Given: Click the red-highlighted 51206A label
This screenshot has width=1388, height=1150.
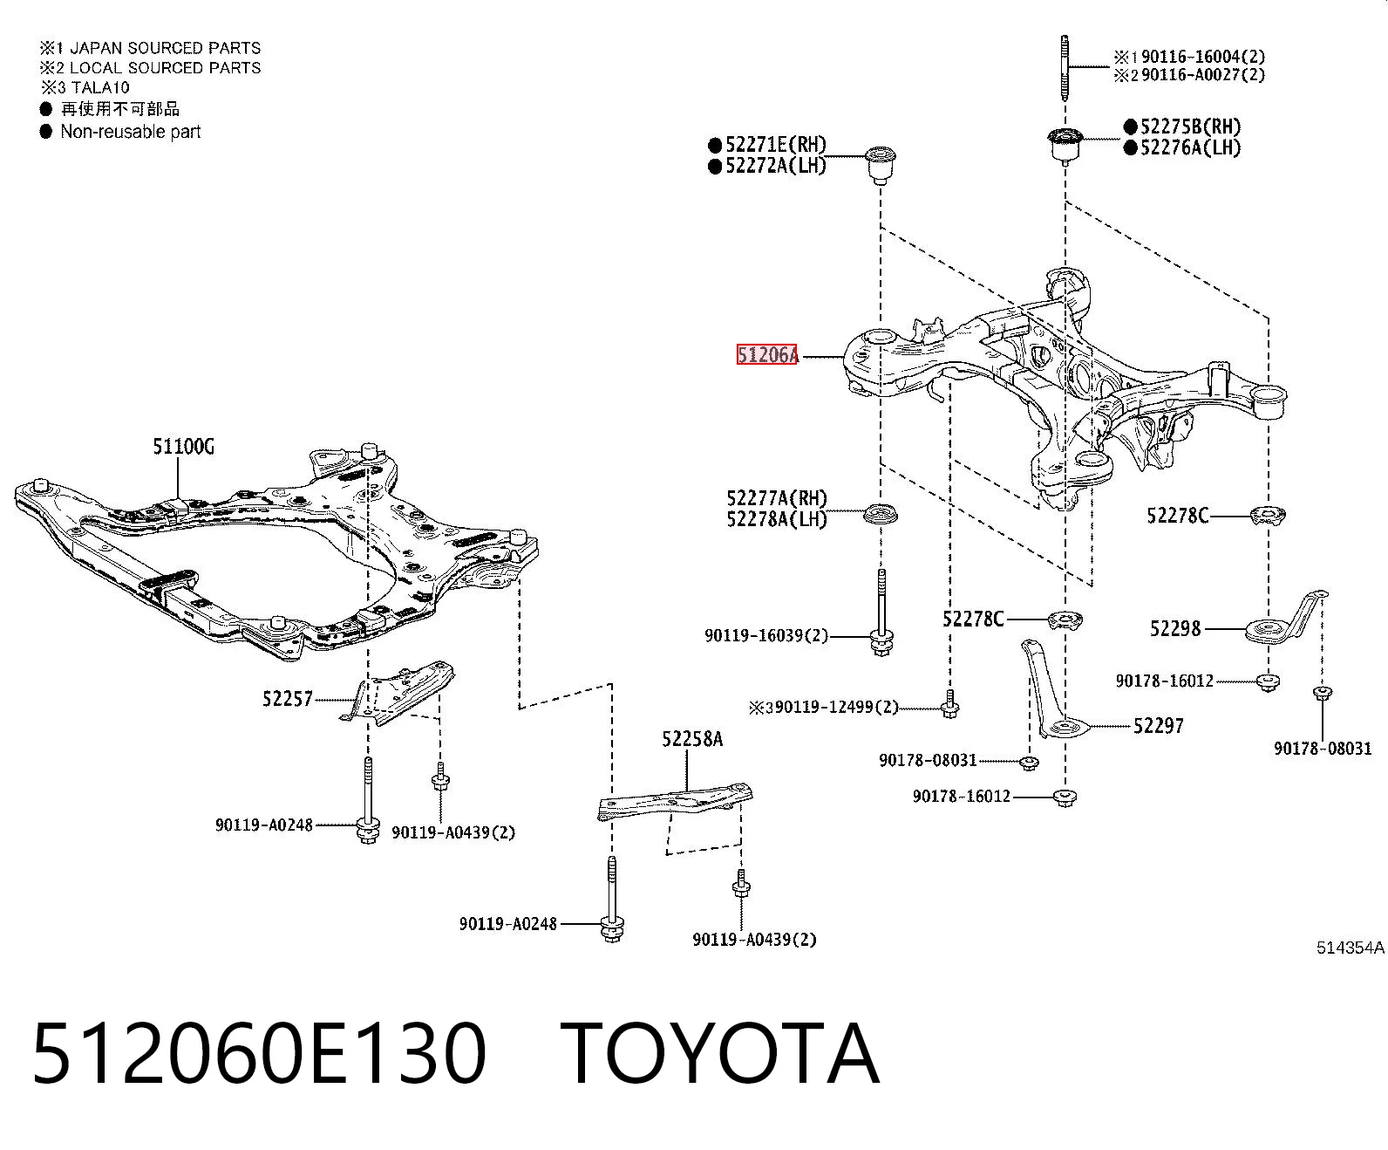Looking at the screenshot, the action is click(766, 355).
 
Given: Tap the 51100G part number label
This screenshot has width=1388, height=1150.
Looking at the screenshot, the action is click(183, 447).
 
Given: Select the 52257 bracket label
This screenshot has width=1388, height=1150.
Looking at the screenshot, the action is click(287, 699).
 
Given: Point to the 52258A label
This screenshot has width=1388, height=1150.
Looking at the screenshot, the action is click(692, 739).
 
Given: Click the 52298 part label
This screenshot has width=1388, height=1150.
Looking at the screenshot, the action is click(1175, 628).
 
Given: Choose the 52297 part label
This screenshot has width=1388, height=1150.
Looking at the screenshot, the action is click(1159, 725).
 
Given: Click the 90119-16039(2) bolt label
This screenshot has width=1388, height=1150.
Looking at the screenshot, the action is click(766, 635).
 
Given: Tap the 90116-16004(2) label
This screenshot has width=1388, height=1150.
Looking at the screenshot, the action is click(1203, 57).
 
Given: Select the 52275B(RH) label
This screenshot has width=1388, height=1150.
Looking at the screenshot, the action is click(1191, 127).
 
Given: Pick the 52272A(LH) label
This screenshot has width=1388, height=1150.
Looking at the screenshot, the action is click(776, 166).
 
